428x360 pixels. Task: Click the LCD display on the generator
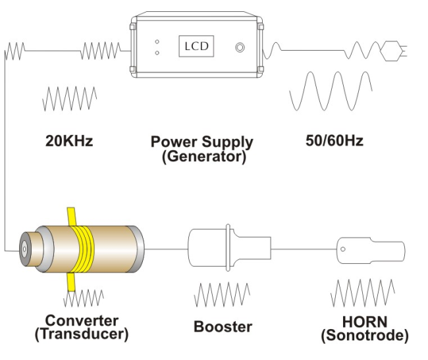pyautogui.click(x=195, y=47)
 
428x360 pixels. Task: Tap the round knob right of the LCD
pyautogui.click(x=241, y=47)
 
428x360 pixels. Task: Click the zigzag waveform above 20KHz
pyautogui.click(x=69, y=98)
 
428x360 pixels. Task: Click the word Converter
pyautogui.click(x=82, y=321)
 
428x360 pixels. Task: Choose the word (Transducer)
pyautogui.click(x=82, y=334)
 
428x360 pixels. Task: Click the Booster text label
pyautogui.click(x=223, y=326)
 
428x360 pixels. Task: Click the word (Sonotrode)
pyautogui.click(x=364, y=336)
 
